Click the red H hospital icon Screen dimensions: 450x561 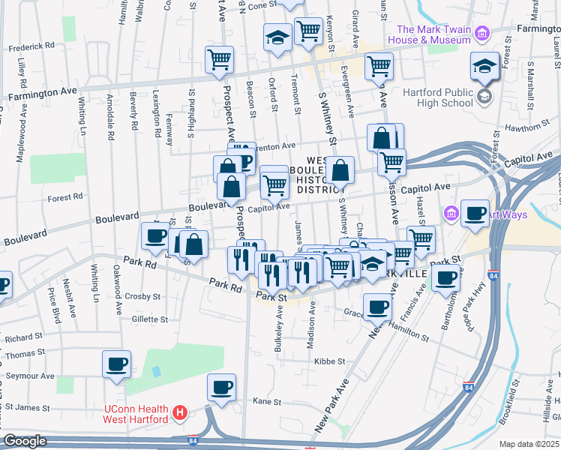179,412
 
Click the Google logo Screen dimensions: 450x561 25,441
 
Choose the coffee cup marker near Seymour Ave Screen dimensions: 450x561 117,364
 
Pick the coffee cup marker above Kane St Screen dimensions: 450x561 221,387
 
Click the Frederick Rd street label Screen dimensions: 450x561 31,46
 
